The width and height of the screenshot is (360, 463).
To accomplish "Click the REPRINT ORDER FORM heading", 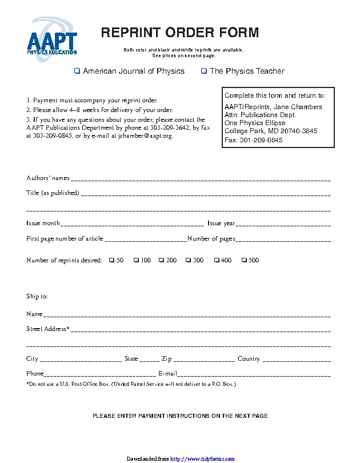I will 180,33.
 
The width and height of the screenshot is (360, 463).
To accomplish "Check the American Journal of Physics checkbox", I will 77,71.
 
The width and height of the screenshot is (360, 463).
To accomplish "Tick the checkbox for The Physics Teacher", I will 204,71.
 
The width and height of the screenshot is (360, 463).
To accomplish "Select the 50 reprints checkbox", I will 111,261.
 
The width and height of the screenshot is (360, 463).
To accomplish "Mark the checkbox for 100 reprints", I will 137,261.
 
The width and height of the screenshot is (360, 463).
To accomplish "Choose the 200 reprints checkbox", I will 162,261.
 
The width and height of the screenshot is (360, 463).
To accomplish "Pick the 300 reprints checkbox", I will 189,261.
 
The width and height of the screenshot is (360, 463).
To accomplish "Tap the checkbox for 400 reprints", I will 217,261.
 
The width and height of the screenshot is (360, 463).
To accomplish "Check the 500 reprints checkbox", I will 244,261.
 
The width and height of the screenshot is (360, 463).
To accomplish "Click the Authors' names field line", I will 201,179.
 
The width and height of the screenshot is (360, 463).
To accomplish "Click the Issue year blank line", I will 283,224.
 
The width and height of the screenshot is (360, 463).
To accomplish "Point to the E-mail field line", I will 254,375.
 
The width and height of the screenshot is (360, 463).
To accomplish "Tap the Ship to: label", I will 37,297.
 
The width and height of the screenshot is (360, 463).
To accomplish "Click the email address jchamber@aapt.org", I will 145,137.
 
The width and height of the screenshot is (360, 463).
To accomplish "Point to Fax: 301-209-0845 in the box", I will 254,140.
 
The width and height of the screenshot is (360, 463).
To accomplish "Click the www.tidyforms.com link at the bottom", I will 203,459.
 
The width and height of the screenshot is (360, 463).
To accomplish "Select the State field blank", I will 150,360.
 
